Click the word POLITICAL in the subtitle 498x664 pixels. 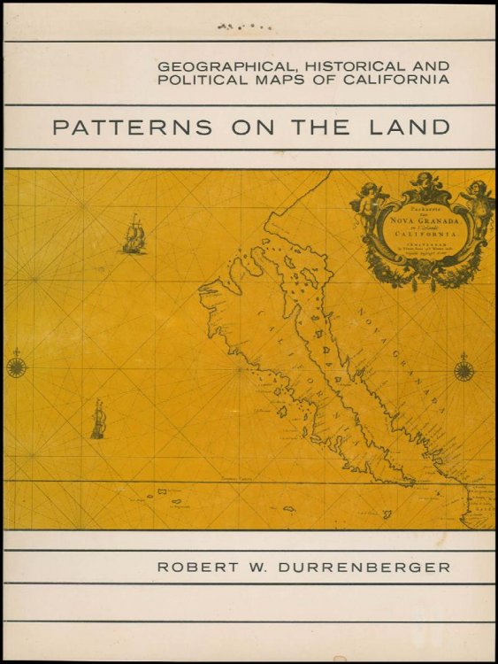coord(203,81)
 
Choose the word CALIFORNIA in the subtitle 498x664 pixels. coord(398,81)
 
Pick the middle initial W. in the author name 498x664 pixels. coord(249,566)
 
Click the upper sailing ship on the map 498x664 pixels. coord(134,234)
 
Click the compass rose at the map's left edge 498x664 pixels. coord(16,365)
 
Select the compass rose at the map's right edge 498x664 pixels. coord(464,367)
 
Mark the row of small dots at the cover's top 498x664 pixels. coord(243,27)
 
